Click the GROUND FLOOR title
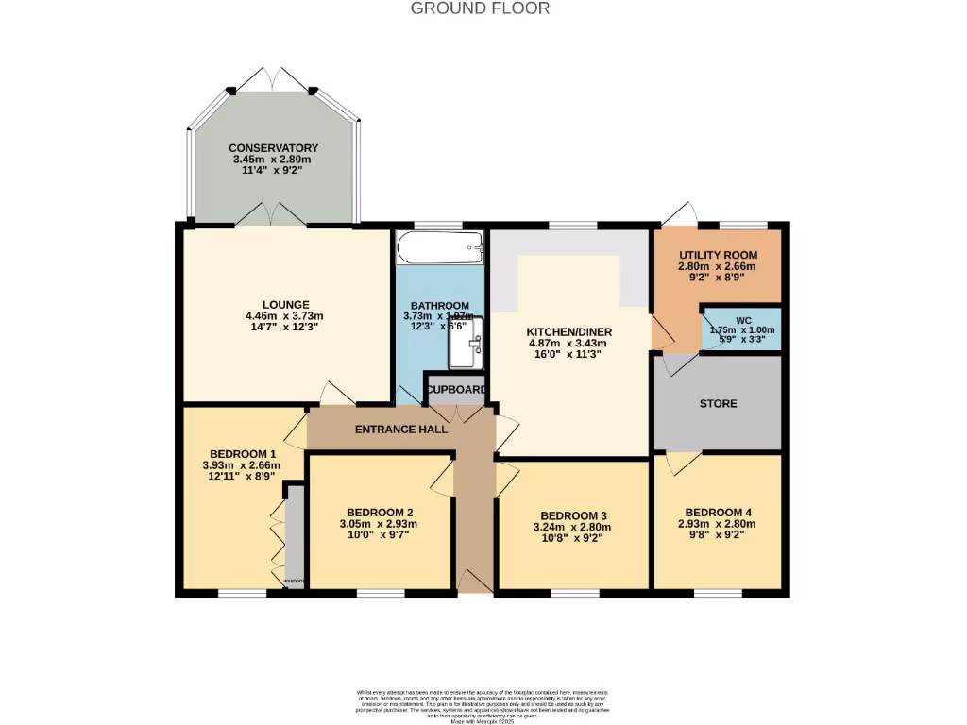(480, 8)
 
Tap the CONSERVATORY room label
(273, 148)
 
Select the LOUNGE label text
(284, 304)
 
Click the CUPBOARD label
(456, 390)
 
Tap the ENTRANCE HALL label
(400, 430)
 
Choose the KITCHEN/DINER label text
(569, 332)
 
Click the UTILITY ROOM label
(718, 255)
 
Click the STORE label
(718, 403)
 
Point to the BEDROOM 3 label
(569, 515)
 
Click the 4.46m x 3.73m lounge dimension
(284, 316)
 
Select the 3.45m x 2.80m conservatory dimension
(273, 160)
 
